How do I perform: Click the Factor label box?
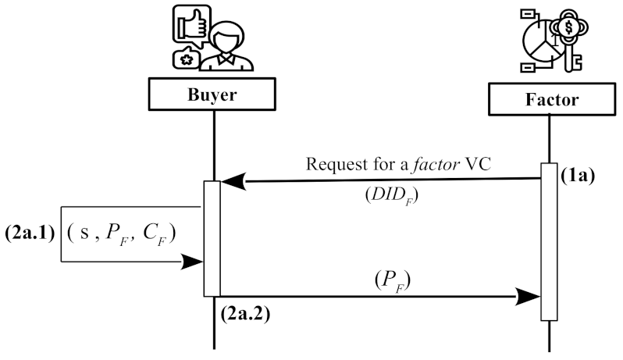(x=550, y=100)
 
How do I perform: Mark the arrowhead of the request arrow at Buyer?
(x=232, y=181)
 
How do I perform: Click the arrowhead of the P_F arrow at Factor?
(x=530, y=297)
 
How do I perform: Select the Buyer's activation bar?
(x=212, y=238)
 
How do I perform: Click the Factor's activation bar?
(x=550, y=241)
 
